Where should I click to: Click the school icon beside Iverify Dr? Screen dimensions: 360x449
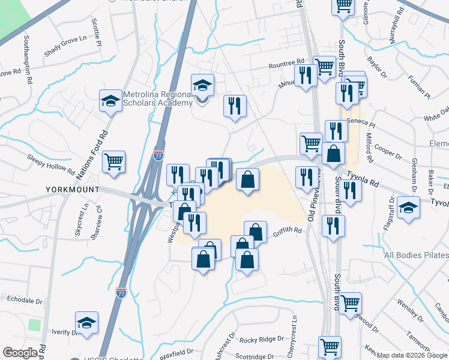tap(87, 323)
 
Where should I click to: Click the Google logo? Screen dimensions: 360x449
tap(20, 353)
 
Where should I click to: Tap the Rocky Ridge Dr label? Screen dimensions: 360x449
tap(261, 340)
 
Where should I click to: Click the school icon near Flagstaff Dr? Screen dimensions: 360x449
tap(408, 207)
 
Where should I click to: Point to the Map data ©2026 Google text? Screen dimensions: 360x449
tap(412, 355)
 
